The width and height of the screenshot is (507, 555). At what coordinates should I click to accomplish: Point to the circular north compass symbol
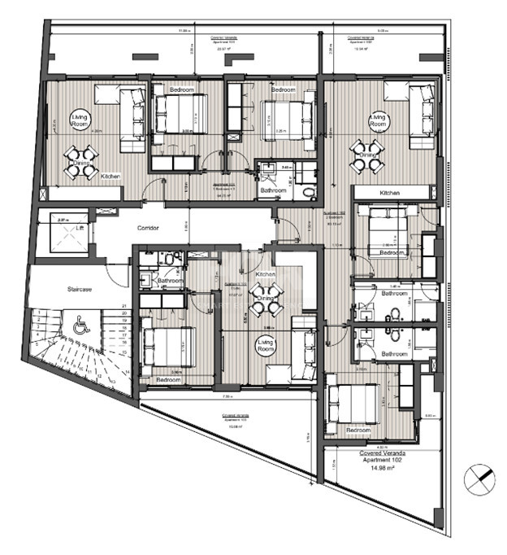coord(479,478)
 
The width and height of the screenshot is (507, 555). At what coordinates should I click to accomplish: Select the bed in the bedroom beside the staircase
coord(167,347)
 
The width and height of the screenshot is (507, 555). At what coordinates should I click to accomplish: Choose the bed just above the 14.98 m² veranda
coord(350,404)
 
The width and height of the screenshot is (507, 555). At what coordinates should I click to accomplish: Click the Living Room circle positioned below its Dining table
coord(266,346)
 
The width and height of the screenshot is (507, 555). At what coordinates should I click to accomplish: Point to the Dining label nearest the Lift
coord(81,163)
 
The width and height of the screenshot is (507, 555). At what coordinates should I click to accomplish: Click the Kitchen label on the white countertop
coord(389,193)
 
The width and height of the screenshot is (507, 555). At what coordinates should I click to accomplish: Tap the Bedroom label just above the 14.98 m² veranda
coord(358,430)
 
